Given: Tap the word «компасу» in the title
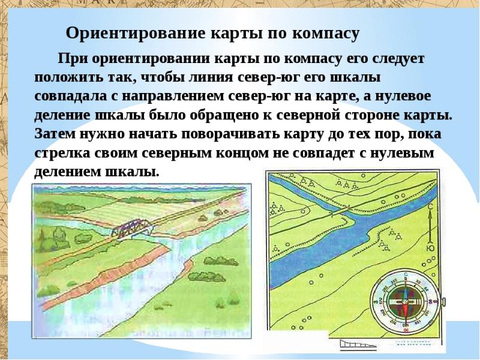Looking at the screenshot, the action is [x=325, y=34].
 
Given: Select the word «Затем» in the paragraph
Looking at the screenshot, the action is [x=55, y=134].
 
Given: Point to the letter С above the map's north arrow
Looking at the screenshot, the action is [x=430, y=207].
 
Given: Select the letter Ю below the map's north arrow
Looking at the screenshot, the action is [x=431, y=248].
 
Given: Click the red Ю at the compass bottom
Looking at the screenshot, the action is [x=406, y=330].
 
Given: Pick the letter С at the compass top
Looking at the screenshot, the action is [x=406, y=274].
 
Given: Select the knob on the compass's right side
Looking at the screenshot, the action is [x=443, y=302].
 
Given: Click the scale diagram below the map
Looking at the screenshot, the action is [x=358, y=344].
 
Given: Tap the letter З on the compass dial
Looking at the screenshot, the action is [x=376, y=302].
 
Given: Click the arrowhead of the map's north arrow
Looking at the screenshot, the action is [x=430, y=214].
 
